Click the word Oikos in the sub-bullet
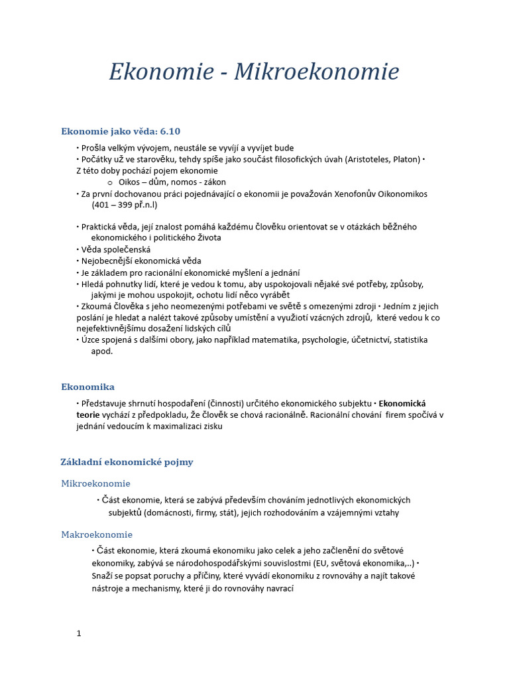[130, 182]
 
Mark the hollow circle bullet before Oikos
[110, 182]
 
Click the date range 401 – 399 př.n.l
[125, 205]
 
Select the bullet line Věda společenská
[115, 249]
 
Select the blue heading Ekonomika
[87, 387]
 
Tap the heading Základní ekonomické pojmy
[127, 462]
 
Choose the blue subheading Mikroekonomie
[95, 483]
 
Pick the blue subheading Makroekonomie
[97, 534]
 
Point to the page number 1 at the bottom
[79, 633]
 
